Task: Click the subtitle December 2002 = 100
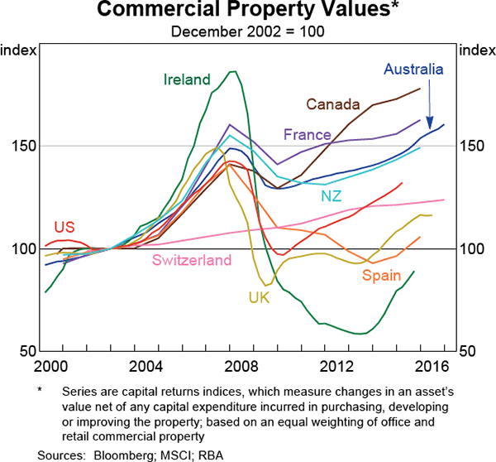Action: tap(248, 32)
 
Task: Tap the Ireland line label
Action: tap(187, 79)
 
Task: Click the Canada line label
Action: tap(333, 104)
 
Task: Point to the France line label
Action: tap(307, 134)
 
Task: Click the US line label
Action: tap(64, 227)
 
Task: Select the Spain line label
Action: tap(381, 276)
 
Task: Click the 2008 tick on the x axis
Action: tap(237, 366)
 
